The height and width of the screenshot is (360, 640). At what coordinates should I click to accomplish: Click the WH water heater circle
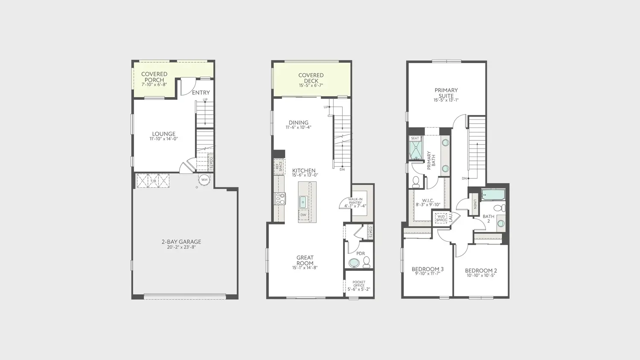coord(204,180)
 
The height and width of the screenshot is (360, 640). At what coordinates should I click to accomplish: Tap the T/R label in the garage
coord(154,181)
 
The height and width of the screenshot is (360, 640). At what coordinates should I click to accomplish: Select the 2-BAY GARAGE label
coord(181,242)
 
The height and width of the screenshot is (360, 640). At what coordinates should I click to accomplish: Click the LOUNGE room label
coord(164,134)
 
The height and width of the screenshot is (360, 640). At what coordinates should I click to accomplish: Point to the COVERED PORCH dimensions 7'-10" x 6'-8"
coord(154,84)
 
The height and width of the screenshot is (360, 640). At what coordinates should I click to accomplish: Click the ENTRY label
coord(201,93)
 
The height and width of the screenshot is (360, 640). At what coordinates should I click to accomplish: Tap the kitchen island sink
coord(303,202)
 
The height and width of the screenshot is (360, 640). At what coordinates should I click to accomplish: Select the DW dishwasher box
coord(303,215)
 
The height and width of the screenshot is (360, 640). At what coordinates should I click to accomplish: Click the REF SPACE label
coord(279,167)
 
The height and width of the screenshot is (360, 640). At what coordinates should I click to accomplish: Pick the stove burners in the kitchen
coord(280,198)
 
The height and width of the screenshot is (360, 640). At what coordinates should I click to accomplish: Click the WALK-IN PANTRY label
coord(355,201)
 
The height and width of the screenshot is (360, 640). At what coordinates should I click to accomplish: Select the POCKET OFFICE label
coord(359,284)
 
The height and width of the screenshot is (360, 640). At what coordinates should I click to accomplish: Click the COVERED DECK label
coord(311,78)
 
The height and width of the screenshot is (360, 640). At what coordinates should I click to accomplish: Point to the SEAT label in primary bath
coord(415,138)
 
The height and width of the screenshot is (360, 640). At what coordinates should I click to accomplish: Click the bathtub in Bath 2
coord(493,194)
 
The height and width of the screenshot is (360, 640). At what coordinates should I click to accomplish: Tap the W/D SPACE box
coord(441,218)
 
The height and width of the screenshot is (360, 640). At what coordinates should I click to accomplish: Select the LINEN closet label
coord(475,204)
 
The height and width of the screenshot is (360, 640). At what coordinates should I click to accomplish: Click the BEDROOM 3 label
coord(428,269)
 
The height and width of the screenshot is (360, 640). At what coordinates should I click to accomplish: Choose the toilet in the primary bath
coord(416,182)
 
